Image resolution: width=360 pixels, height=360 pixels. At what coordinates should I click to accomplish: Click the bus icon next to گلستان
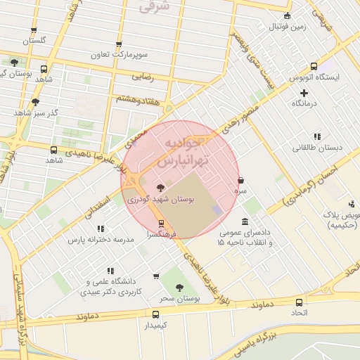(34, 30)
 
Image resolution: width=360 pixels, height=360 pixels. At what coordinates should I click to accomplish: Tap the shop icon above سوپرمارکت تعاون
(118, 44)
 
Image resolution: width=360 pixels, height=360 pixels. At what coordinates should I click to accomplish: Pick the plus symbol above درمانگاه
(304, 92)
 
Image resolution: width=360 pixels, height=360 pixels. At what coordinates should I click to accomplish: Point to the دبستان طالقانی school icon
(317, 136)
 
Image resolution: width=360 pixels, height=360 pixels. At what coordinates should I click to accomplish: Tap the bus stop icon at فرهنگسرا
(162, 224)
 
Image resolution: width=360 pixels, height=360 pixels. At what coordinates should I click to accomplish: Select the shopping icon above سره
(241, 180)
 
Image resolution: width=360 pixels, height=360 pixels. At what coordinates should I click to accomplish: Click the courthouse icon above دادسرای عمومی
(244, 221)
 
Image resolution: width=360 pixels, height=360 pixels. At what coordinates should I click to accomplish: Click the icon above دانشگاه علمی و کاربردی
(110, 271)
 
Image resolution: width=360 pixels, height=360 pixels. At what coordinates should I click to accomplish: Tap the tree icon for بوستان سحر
(179, 288)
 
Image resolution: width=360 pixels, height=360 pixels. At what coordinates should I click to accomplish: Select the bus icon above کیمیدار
(155, 314)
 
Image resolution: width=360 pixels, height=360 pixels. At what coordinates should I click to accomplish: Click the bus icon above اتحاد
(300, 302)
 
